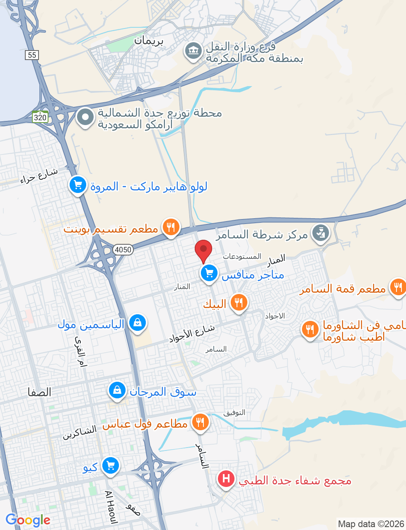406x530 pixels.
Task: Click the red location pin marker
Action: (x=203, y=250)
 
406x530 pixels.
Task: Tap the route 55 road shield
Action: (x=32, y=55)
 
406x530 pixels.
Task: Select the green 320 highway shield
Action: (x=40, y=117)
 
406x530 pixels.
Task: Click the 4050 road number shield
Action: (x=123, y=249)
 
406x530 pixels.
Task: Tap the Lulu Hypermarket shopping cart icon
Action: (x=78, y=185)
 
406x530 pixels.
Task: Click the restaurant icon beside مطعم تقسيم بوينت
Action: (x=171, y=227)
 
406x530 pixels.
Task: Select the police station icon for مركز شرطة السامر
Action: (x=320, y=233)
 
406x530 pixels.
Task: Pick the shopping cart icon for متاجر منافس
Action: (x=209, y=273)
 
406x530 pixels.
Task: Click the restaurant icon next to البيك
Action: (x=238, y=303)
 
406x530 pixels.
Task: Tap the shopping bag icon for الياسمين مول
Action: (x=138, y=323)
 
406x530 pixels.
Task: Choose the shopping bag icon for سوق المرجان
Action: (x=117, y=390)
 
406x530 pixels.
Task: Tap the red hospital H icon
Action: (x=226, y=479)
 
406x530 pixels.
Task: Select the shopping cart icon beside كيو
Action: (x=110, y=466)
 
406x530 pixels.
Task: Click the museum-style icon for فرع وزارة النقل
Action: (x=193, y=51)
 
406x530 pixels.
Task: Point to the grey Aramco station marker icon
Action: (x=85, y=117)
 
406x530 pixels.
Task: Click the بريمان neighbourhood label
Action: (x=149, y=41)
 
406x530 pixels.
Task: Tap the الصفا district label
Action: (x=39, y=392)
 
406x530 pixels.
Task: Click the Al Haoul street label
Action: (x=111, y=507)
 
